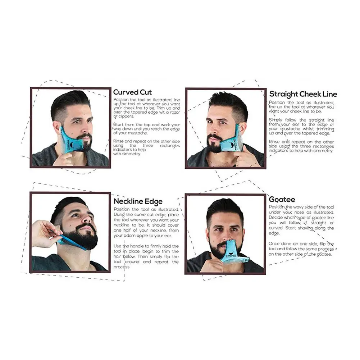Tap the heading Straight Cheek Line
click(303, 94)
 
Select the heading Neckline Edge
click(138, 201)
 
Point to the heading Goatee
click(282, 199)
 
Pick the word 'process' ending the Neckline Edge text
click(122, 267)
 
